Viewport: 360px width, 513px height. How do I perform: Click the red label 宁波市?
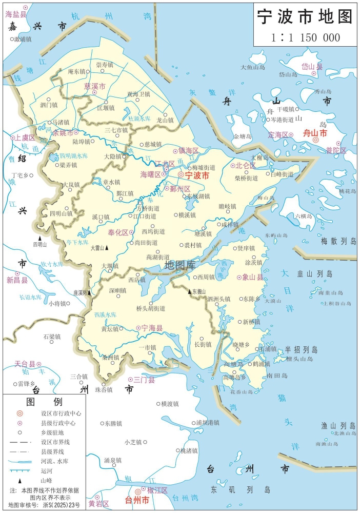(197, 175)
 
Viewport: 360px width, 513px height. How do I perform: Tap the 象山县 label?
(252, 277)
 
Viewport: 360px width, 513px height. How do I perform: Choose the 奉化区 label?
(117, 232)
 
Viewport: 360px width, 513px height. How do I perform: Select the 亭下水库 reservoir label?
(76, 242)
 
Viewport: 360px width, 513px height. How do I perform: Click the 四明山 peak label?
(39, 244)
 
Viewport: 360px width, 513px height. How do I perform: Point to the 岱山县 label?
(312, 66)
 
